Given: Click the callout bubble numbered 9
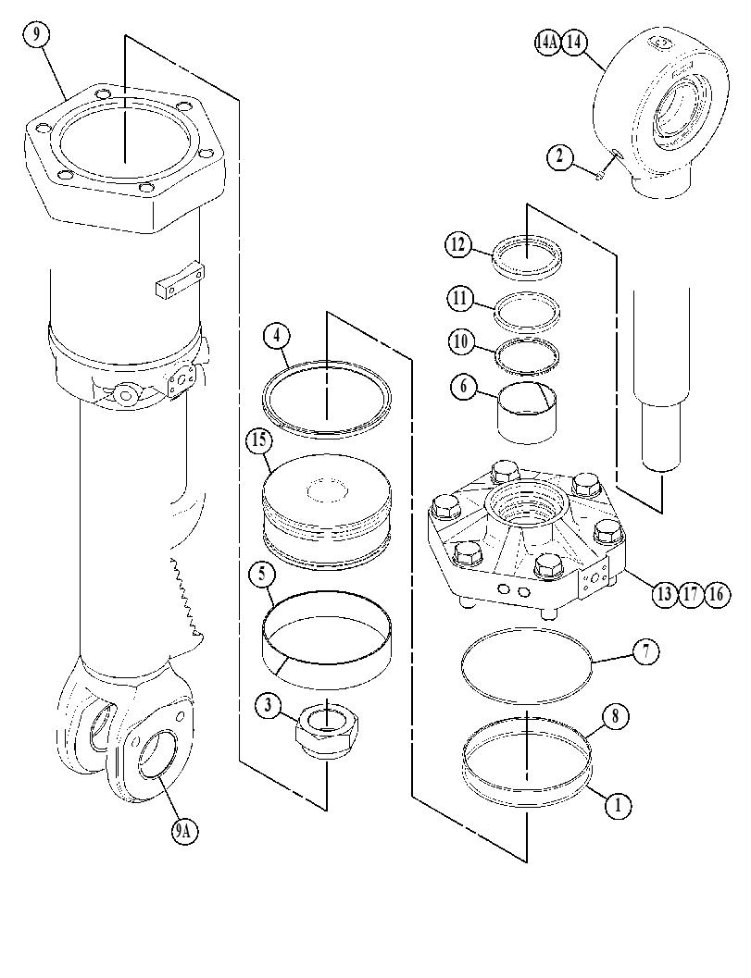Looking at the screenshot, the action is [x=37, y=35].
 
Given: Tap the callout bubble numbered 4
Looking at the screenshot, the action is [x=277, y=336].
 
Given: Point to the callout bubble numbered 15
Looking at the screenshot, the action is [x=259, y=439].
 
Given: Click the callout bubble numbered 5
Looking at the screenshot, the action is [x=261, y=575].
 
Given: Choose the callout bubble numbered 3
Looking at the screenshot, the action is [x=268, y=705].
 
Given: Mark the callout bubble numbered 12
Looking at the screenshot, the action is [x=458, y=244].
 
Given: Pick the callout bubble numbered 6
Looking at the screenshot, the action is [x=463, y=387].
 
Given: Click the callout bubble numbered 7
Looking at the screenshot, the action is [x=646, y=651].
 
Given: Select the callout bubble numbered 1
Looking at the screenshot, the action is [x=618, y=805].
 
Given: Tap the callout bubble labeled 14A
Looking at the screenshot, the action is [x=547, y=43].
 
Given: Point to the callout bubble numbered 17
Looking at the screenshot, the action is [x=691, y=594].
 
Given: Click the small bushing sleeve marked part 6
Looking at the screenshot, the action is [x=528, y=413].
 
